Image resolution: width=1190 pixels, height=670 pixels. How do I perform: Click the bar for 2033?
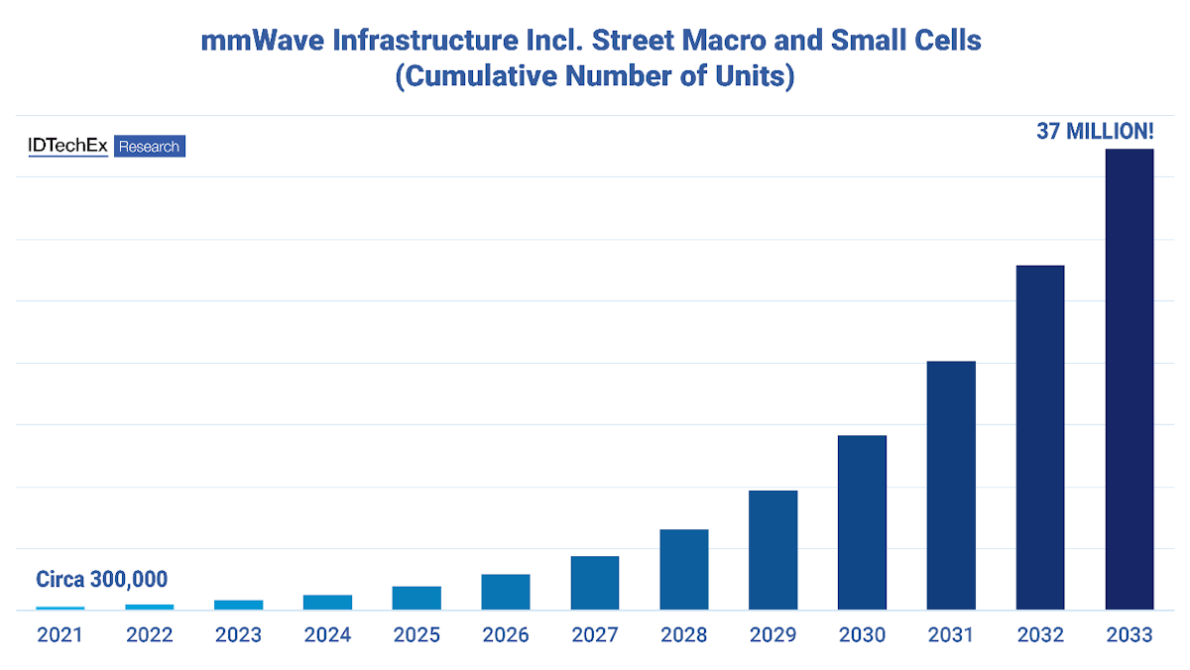click(x=1130, y=379)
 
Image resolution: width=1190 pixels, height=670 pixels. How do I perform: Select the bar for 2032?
click(x=1040, y=437)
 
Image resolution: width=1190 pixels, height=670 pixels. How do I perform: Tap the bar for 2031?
click(x=951, y=485)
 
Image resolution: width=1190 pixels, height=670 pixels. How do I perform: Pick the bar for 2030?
click(x=862, y=522)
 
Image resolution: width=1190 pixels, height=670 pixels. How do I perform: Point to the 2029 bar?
click(x=773, y=550)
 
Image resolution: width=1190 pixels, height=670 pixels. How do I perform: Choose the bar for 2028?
click(x=683, y=569)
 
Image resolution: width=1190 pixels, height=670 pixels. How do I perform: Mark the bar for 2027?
click(x=595, y=583)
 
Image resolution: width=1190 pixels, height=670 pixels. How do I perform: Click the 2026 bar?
click(x=506, y=592)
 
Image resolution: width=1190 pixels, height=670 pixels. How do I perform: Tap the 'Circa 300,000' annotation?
click(x=101, y=580)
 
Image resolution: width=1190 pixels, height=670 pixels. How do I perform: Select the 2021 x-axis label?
click(x=60, y=635)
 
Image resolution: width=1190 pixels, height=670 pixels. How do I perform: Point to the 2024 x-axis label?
click(x=327, y=635)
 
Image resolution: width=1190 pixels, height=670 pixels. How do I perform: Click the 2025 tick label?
click(x=416, y=635)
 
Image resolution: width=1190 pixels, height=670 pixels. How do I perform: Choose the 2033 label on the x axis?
click(x=1130, y=635)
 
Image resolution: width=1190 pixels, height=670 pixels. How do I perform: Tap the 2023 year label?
click(x=238, y=635)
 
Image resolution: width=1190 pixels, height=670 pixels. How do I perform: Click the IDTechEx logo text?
click(x=67, y=147)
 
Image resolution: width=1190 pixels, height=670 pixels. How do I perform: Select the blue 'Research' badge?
click(x=150, y=147)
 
